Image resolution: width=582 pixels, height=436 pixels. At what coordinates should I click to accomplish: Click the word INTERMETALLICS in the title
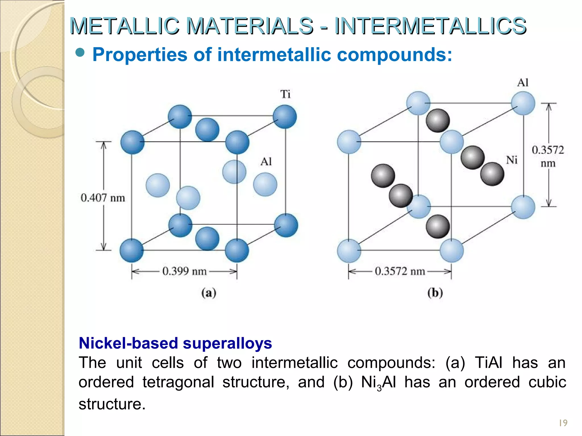pos(430,26)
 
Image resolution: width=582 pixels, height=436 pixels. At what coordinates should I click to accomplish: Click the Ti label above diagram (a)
pos(285,94)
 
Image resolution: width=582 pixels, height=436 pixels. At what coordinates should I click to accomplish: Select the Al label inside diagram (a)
pos(266,162)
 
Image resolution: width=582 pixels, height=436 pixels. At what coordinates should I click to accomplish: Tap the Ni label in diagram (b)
pos(512,160)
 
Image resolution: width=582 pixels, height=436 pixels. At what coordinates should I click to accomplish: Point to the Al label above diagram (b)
pos(523,83)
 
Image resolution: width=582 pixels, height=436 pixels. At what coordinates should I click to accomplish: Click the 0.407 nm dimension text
pos(103,198)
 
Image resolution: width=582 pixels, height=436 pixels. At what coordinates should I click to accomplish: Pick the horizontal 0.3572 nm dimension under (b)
pos(400,271)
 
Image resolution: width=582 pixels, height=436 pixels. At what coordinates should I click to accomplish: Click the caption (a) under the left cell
pos(209,293)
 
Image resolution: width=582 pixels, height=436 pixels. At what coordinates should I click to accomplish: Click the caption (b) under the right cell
pos(435,293)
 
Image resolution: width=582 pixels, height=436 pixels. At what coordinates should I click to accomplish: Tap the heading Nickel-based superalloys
pos(175,343)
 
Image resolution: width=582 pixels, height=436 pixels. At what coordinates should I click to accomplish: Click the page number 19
pos(563,423)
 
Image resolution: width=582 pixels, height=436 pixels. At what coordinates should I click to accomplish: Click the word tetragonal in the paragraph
pos(178,382)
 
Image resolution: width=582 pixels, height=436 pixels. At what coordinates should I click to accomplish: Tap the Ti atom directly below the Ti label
pos(285,117)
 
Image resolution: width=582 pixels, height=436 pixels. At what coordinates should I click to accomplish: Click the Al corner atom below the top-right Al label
pos(523,103)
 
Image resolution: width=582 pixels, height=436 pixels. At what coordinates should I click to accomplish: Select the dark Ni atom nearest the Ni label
pos(492,174)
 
